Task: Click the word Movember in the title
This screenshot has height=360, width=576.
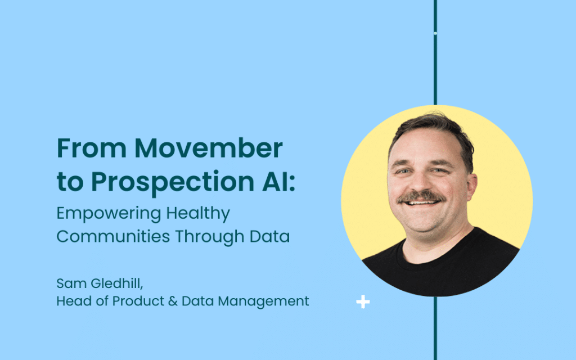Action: point(208,148)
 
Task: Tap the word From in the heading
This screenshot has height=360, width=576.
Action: point(92,148)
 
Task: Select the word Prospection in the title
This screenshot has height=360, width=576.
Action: point(173,182)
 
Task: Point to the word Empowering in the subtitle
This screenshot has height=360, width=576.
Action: point(109,214)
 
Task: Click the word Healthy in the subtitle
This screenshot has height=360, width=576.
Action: point(198,214)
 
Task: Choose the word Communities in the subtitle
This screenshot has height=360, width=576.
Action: point(113,236)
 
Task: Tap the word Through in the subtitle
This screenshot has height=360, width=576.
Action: point(209,237)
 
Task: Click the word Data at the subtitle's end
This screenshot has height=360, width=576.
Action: point(269,236)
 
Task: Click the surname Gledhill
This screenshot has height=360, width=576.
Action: point(117,283)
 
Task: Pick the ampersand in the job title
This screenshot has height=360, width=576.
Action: point(173,301)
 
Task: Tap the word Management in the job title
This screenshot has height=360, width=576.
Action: point(263,301)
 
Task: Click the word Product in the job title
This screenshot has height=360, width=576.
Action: point(138,301)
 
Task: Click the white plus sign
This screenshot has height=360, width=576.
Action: point(363,302)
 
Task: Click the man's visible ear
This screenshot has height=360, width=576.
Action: point(471,187)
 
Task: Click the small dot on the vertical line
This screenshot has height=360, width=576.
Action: point(435,33)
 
